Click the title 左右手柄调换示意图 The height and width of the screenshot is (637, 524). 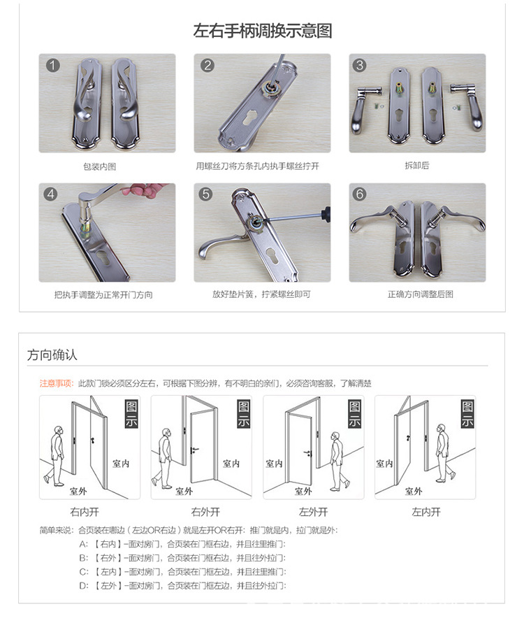[262, 31]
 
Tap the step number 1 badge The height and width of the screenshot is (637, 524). [52, 66]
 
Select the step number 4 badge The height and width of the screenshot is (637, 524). [51, 194]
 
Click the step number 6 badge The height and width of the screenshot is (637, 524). [361, 194]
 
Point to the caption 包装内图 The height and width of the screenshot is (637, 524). [106, 166]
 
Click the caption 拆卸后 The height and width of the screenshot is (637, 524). [416, 166]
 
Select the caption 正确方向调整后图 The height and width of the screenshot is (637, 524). [417, 294]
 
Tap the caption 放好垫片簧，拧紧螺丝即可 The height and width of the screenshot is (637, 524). [262, 294]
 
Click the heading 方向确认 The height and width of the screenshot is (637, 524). [52, 355]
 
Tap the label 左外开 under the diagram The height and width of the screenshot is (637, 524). [313, 512]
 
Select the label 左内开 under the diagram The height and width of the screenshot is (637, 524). [425, 512]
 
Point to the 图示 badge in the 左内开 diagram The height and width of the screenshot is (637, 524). [467, 414]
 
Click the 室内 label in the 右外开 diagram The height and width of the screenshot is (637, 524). [232, 463]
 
